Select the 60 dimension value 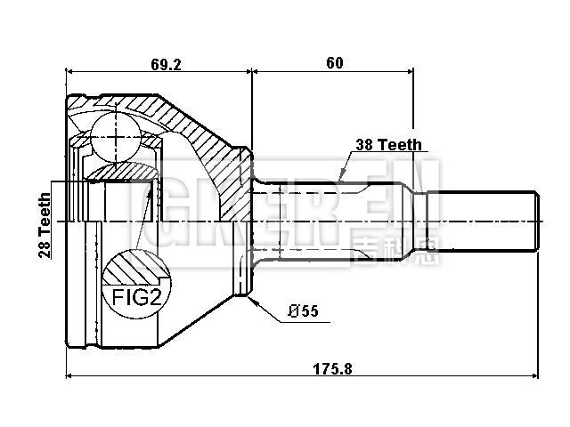click(x=334, y=63)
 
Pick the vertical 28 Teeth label click(x=44, y=226)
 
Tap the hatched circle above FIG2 click(x=134, y=267)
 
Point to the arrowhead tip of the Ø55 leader click(x=253, y=302)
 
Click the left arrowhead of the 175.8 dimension click(x=69, y=375)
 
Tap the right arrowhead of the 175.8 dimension click(x=537, y=375)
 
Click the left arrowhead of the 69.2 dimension click(x=69, y=70)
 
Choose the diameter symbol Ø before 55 click(x=292, y=310)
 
